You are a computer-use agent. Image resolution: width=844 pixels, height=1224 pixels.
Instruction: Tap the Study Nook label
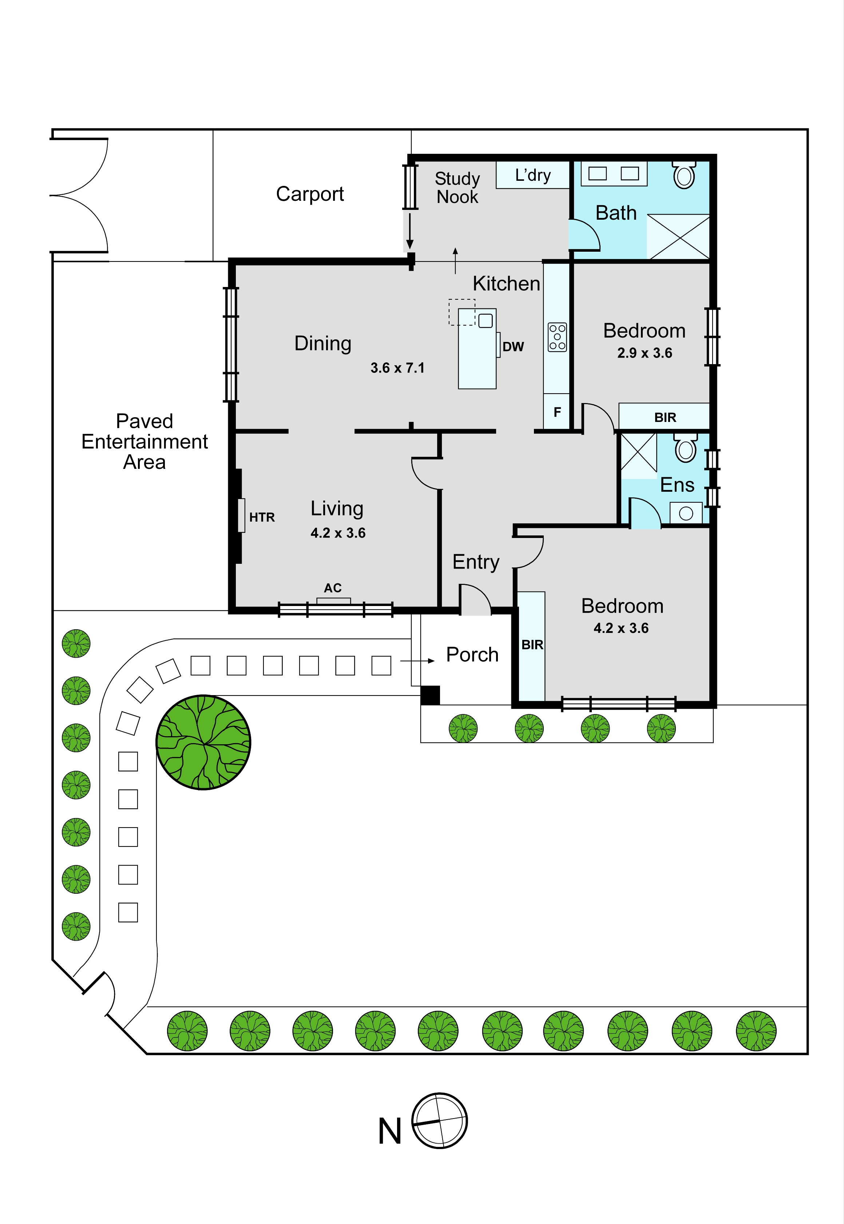[x=457, y=188]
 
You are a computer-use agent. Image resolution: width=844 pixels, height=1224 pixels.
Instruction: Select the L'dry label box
[x=532, y=175]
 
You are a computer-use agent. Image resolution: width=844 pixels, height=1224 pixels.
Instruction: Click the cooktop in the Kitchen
[x=557, y=337]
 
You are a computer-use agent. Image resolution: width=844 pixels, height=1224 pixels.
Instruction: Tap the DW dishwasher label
[x=513, y=347]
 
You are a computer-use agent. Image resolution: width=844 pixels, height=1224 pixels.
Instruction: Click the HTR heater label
[x=262, y=517]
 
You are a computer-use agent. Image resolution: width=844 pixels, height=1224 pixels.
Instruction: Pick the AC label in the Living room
[x=333, y=588]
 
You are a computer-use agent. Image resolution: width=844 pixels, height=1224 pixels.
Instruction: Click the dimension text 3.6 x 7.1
[x=397, y=368]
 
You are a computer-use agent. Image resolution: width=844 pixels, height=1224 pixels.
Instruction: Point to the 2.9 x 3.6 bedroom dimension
[x=644, y=353]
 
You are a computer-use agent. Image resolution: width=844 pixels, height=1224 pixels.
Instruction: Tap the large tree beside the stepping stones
[x=203, y=742]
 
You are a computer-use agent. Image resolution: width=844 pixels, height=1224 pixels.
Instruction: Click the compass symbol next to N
[x=439, y=1120]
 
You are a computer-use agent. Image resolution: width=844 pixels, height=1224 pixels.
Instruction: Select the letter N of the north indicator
[x=390, y=1131]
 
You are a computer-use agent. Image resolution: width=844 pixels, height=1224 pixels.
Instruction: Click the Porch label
[x=472, y=654]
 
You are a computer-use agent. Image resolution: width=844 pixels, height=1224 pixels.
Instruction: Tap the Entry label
[x=476, y=562]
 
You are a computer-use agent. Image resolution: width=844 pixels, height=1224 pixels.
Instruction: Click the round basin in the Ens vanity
[x=686, y=513]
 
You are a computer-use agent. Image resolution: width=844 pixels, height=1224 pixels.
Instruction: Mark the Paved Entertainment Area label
[x=144, y=441]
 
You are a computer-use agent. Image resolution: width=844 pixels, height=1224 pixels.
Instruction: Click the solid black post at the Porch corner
[x=430, y=695]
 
